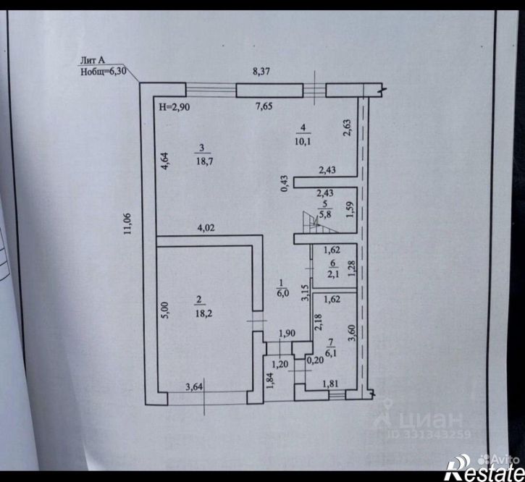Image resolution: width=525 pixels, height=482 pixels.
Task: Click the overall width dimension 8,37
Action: tap(261, 72)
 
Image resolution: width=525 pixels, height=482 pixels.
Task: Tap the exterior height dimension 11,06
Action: tap(127, 224)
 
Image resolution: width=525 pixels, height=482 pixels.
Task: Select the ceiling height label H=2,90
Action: tap(175, 107)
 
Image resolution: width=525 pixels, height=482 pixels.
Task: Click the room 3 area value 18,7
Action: tap(205, 161)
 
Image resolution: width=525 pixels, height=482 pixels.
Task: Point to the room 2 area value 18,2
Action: tap(203, 313)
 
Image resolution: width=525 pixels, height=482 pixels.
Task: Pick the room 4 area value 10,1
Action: tap(303, 141)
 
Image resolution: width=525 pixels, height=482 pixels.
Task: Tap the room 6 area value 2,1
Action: tap(333, 275)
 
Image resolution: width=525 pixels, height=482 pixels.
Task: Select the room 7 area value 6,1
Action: tap(331, 352)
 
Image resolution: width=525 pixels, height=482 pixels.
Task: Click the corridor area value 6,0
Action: tap(283, 294)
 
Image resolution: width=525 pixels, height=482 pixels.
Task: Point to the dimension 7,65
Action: tap(264, 106)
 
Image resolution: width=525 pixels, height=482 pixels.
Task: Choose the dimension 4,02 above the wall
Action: tap(206, 228)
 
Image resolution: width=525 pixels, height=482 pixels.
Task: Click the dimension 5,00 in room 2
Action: tap(165, 310)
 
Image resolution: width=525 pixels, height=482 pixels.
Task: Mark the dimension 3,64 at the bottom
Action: tap(194, 387)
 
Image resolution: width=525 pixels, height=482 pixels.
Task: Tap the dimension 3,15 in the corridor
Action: tap(305, 293)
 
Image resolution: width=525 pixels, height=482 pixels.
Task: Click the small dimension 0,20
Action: tap(315, 360)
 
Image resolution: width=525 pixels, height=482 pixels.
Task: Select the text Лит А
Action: tap(93, 60)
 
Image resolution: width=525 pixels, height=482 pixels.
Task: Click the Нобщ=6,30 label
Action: tap(104, 72)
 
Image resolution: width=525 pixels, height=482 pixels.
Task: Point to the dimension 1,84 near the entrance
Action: tap(271, 381)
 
